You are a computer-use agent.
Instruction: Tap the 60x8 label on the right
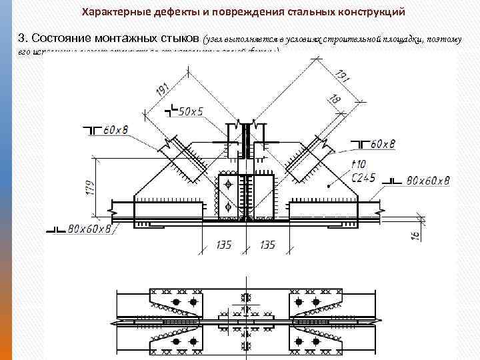click(x=383, y=144)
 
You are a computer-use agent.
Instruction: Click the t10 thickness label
click(x=358, y=164)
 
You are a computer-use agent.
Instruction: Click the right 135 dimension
click(x=267, y=245)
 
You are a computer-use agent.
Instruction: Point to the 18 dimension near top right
click(x=334, y=99)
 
